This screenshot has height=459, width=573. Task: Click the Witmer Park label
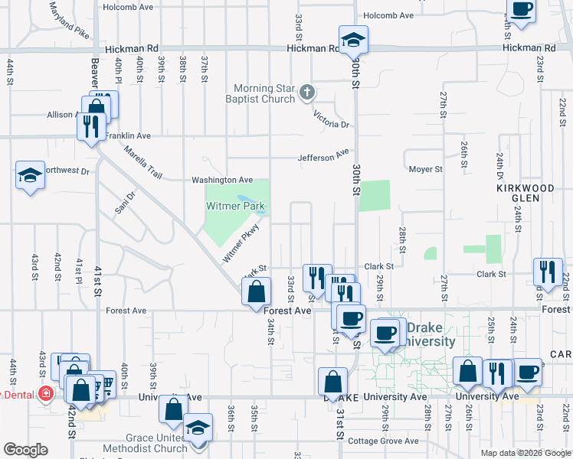(x=235, y=207)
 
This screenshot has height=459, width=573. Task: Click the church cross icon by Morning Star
(x=307, y=93)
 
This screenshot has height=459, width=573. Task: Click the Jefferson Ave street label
(x=324, y=157)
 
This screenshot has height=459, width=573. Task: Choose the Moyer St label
(x=425, y=169)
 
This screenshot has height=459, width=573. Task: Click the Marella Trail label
(x=143, y=164)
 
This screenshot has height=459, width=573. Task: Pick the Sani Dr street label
(x=126, y=206)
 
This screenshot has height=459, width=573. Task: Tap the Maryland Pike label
(x=69, y=21)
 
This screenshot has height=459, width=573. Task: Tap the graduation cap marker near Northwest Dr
(x=30, y=177)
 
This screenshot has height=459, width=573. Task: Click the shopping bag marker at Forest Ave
(x=256, y=291)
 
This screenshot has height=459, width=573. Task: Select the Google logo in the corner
(x=25, y=450)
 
